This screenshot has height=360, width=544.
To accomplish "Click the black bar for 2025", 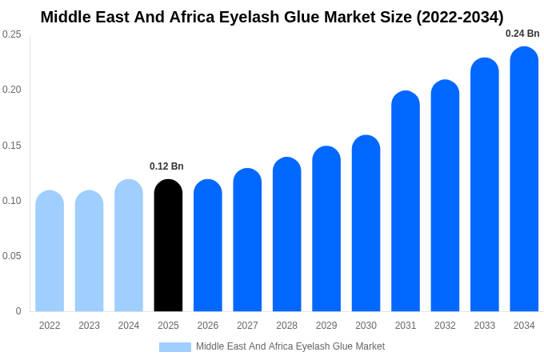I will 168,246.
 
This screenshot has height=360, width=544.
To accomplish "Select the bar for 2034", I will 524,180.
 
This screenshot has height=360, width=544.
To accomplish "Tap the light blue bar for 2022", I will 50,252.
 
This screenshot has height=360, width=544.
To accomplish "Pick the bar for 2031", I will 406,202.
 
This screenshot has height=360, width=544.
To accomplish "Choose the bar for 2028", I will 286,235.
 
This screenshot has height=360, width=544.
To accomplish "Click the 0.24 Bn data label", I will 522,34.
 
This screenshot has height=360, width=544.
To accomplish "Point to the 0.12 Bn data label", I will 166,166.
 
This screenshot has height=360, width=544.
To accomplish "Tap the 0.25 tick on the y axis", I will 12,34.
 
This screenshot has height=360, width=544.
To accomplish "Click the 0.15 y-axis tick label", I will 12,146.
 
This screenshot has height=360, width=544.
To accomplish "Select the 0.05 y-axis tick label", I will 12,256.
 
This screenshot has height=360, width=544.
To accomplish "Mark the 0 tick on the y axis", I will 18,311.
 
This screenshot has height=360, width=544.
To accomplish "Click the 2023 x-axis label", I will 89,326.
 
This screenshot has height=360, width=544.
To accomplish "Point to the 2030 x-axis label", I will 366,326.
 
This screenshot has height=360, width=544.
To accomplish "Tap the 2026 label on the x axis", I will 208,326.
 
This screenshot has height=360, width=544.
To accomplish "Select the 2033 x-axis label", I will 484,326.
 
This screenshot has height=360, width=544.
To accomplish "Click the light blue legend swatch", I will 175,347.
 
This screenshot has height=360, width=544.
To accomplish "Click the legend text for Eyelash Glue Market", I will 290,346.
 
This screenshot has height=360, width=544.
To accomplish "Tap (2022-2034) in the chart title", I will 460,17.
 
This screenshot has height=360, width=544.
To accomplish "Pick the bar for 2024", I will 129,246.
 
